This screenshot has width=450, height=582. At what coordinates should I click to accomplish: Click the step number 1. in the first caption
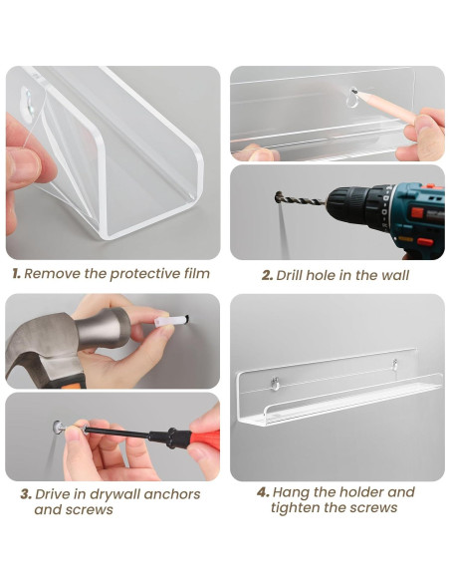point(16,274)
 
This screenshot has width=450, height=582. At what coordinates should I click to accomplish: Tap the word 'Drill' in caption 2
point(290,275)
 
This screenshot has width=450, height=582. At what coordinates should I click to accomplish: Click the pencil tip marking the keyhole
point(354,91)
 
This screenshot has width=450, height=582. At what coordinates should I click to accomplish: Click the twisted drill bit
point(301,199)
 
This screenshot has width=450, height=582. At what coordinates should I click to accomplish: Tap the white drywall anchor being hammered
point(171,320)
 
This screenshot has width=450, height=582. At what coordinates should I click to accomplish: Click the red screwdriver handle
point(205,436)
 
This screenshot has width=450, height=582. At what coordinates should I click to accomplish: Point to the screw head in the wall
point(58,427)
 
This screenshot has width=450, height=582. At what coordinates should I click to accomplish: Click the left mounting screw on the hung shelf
point(275,383)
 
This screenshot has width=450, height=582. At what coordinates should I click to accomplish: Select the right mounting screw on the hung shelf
point(395,364)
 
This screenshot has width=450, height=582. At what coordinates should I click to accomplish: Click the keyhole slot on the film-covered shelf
point(28,100)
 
